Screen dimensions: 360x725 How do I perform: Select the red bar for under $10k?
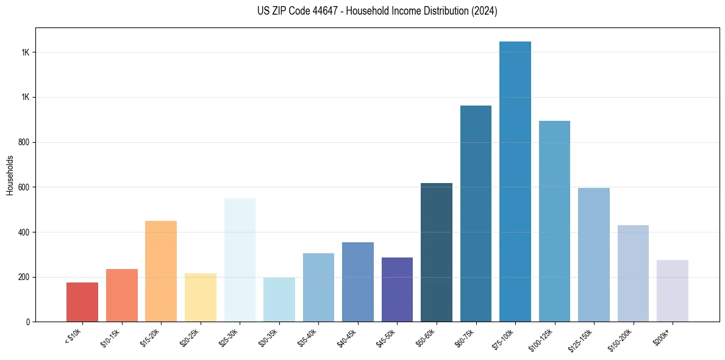coord(82,302)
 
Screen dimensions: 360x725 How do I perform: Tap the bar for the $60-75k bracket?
coord(476,214)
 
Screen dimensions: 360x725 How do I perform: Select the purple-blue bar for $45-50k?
coord(397,289)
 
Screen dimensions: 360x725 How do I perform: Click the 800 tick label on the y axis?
coord(24,142)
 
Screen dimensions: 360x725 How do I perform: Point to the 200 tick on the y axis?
coord(24,277)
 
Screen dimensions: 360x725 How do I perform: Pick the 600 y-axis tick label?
coord(24,187)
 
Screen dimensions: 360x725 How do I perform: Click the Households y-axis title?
coord(10,175)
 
